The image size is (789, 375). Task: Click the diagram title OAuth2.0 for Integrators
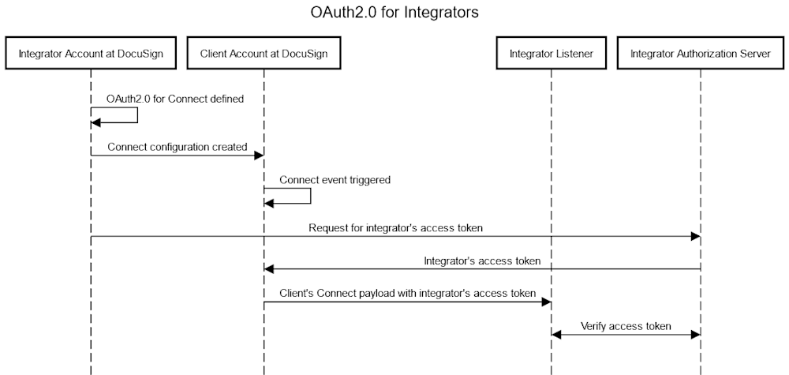[394, 13]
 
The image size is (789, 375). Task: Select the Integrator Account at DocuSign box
[91, 54]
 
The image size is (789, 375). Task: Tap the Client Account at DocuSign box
[264, 54]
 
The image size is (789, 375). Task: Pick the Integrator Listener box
[551, 54]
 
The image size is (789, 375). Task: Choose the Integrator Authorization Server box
[700, 54]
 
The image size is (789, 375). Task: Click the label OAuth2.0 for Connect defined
[174, 99]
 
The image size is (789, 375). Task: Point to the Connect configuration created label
[178, 147]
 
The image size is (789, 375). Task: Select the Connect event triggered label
[335, 179]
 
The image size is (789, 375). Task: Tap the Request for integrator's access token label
[395, 228]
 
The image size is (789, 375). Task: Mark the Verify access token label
[626, 325]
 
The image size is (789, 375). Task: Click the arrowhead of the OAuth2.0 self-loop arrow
[96, 123]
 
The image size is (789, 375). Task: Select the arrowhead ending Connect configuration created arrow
[258, 156]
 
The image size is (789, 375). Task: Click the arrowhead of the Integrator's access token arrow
[269, 269]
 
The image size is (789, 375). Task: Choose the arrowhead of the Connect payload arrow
[545, 302]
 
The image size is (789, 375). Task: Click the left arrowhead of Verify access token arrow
[556, 335]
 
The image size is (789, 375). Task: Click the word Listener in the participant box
[573, 54]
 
